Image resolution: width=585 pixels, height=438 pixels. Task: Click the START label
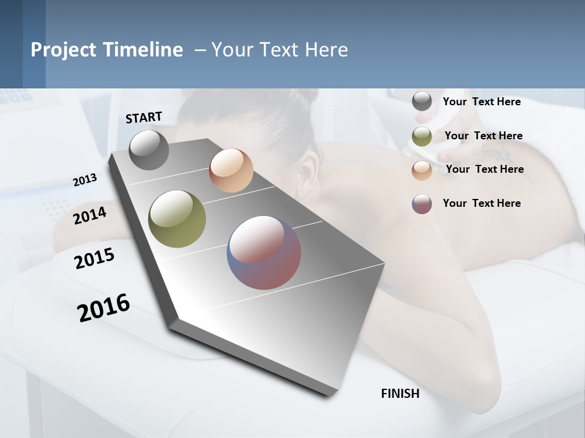pos(144,117)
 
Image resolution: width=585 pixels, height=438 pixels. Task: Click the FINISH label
pos(400,394)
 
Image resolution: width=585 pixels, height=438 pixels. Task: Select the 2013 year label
pos(85,180)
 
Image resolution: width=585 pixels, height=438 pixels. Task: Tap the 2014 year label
pos(90,215)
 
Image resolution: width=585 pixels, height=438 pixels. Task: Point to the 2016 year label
pos(104,308)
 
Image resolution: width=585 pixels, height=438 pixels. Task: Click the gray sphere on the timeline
pos(149,150)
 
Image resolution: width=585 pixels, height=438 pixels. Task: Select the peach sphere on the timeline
pos(231,170)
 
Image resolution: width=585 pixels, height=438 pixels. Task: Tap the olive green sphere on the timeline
pos(177,219)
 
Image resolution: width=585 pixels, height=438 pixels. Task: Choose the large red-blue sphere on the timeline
pos(264,252)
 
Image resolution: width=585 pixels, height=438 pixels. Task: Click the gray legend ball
pos(422,102)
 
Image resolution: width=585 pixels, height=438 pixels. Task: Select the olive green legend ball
pos(422,136)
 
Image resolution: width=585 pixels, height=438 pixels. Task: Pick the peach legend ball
pos(422,170)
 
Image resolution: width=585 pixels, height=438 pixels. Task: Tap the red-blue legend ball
pos(422,204)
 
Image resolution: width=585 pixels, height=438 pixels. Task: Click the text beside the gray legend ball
pos(481,102)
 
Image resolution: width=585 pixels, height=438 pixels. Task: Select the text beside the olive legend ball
pos(483,136)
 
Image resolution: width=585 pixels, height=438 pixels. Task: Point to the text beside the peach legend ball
pos(484,169)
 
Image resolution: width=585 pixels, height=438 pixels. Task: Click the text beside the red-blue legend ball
pos(481,203)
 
